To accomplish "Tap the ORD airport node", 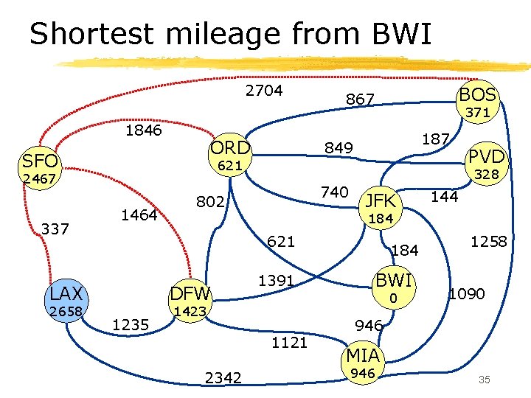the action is coord(231,147).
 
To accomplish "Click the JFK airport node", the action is coord(381,200).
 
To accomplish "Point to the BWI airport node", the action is coord(394,280).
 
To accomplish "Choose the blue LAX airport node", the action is coord(66,293).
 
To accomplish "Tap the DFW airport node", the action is coord(191,293).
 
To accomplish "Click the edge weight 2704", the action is coord(263,91).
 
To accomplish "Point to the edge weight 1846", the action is coord(144,130).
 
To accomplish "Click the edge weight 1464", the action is coord(139,215).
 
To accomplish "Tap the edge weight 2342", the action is coord(223,377).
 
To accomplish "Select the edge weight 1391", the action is coord(277,280).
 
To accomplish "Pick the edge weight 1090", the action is coord(467,293).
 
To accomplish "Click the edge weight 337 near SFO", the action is coord(55,228).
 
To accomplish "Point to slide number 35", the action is coord(485,380).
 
